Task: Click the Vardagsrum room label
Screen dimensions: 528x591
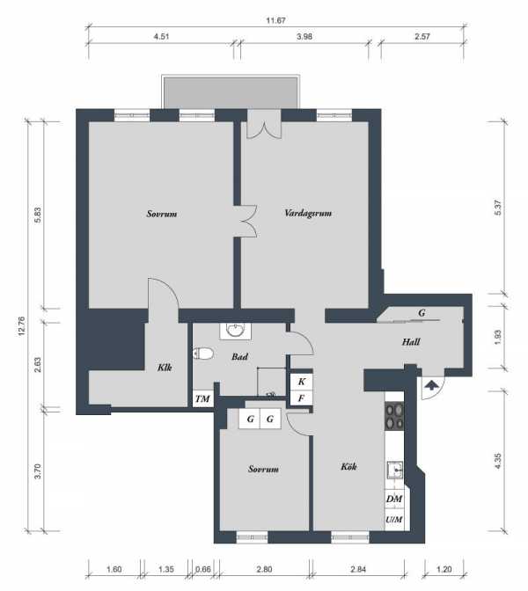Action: coord(308,214)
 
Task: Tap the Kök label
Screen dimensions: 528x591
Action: coord(348,467)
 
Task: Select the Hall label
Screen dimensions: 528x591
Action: coord(411,342)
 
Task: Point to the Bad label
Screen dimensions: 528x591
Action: coord(239,356)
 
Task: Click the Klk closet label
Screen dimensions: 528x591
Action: coord(165,367)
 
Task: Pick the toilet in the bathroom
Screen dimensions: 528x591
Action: coord(203,354)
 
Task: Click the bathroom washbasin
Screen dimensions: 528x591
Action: coord(236,331)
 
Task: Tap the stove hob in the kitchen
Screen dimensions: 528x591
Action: coord(394,417)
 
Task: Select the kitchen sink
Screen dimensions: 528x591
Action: coord(395,470)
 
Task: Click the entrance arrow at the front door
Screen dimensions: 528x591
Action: coord(431,385)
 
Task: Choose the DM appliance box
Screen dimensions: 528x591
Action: coord(394,499)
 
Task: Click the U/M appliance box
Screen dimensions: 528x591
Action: coord(394,520)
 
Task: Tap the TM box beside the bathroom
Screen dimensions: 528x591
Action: coord(203,398)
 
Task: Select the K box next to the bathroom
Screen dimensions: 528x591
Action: coord(301,382)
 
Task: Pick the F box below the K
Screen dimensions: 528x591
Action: coord(301,398)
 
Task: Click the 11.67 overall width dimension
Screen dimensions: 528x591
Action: coord(275,20)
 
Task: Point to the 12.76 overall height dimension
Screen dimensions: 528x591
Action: coord(21,326)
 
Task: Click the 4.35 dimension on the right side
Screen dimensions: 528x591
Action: coord(497,461)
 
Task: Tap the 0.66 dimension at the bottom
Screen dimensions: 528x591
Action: coord(203,569)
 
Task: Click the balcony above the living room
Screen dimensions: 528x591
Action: coord(231,92)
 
